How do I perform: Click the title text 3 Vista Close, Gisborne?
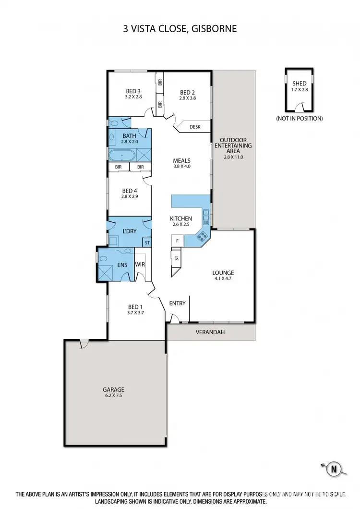pos(180,29)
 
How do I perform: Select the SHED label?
pos(299,84)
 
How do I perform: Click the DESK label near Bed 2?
pos(195,127)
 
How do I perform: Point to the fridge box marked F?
pos(176,240)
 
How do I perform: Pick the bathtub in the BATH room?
pos(123,155)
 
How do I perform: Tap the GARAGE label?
pos(113,389)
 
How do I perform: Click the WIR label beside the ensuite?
pos(140,265)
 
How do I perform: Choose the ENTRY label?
pos(178,303)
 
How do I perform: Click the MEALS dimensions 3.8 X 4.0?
pos(182,167)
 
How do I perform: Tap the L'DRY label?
pos(130,231)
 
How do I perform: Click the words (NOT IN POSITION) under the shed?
pos(299,118)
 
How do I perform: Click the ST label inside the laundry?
pos(147,242)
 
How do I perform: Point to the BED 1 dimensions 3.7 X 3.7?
pos(135,313)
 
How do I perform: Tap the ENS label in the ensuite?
pos(122,265)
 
